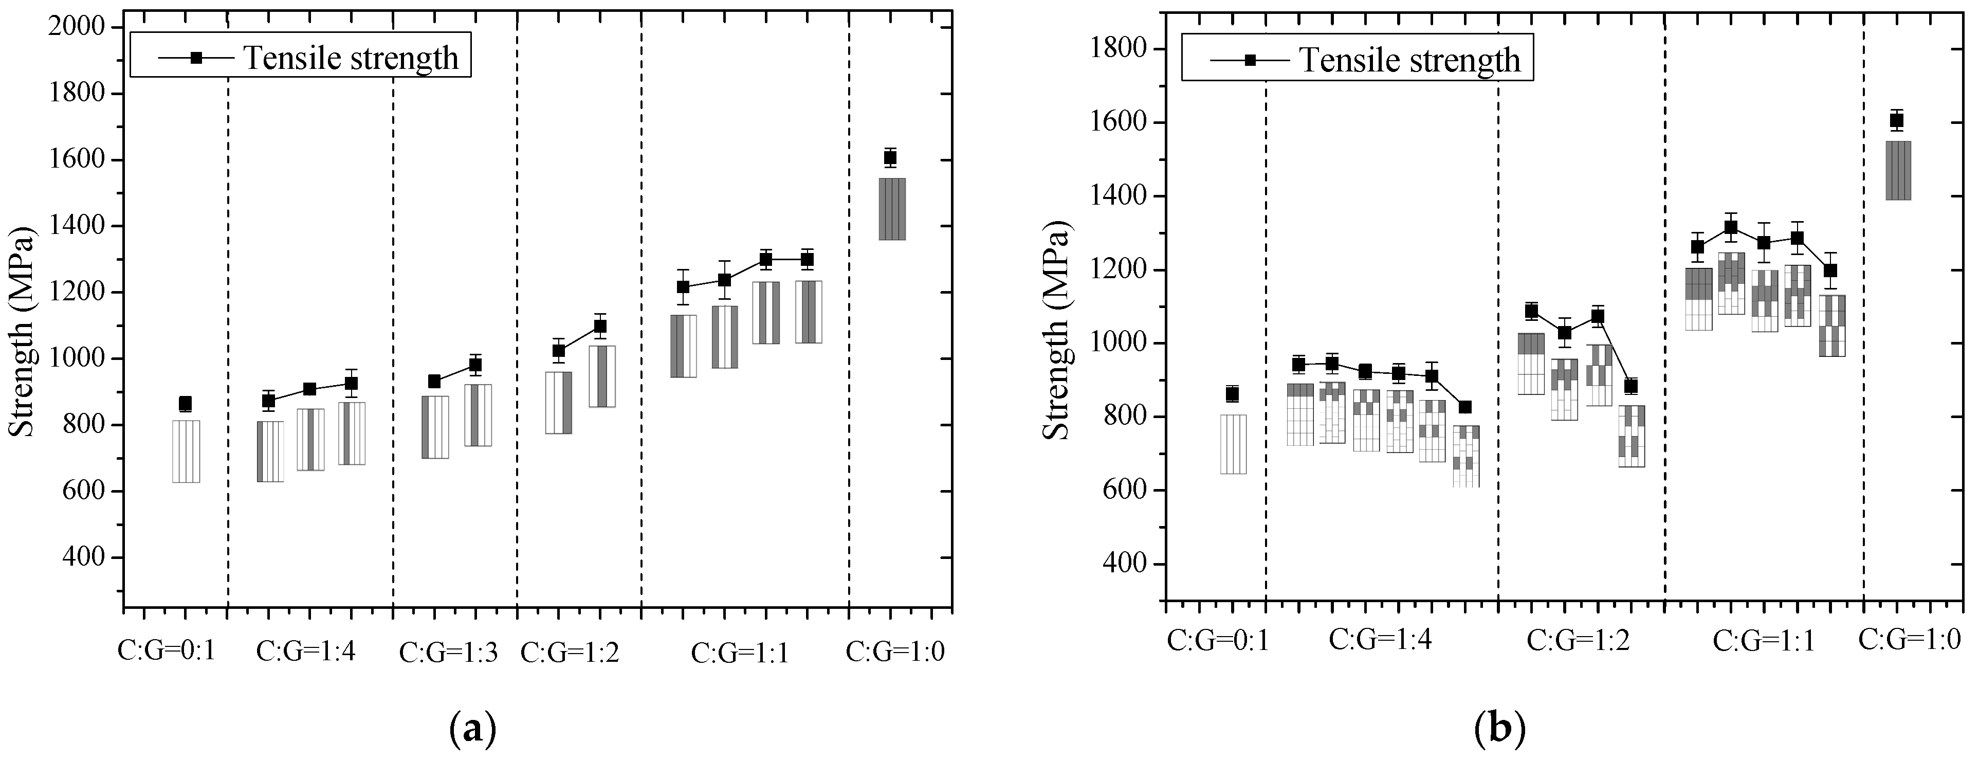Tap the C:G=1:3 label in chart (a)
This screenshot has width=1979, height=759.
point(449,652)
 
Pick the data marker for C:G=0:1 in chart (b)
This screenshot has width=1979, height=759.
point(1232,394)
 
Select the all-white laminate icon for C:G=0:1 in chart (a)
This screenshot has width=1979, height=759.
point(186,451)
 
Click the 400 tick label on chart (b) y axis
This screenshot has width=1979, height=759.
point(1126,565)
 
